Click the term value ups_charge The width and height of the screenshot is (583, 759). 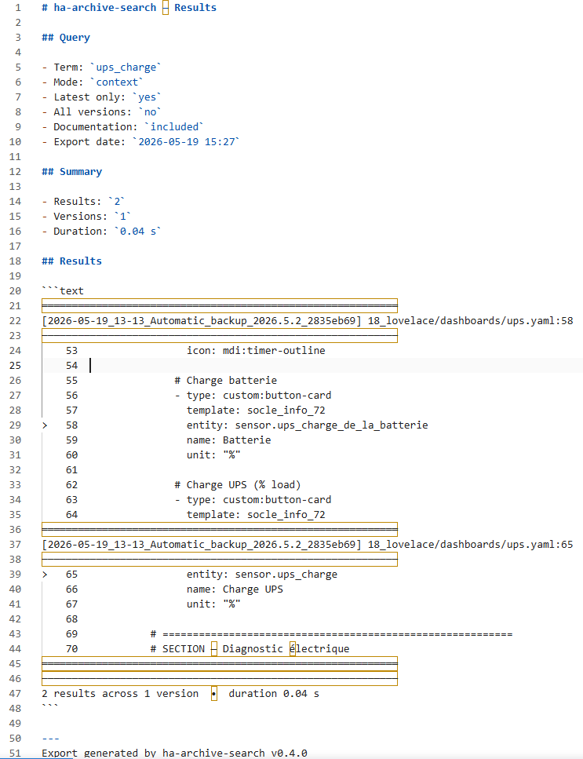(x=126, y=68)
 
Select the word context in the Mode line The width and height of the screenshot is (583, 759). (x=117, y=82)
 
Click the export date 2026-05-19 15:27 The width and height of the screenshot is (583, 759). (x=186, y=142)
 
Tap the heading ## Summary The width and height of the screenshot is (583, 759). (x=71, y=172)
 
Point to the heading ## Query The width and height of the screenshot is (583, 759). (x=66, y=38)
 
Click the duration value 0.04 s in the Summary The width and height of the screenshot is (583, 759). (x=138, y=232)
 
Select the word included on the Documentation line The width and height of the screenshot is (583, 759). (x=174, y=127)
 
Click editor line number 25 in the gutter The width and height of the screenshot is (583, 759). (x=15, y=366)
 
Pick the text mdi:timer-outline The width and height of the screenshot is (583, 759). (x=274, y=350)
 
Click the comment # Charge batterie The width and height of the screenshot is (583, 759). (x=225, y=381)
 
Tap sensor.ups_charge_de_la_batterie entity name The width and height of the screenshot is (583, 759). (x=331, y=425)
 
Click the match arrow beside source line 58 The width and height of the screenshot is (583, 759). (x=45, y=425)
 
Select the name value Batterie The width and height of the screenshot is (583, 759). (x=246, y=440)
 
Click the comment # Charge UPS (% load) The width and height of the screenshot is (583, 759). (x=238, y=485)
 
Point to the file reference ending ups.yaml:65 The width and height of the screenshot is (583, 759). (x=470, y=545)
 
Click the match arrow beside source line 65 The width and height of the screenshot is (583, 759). (x=45, y=575)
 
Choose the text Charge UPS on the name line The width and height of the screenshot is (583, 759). (x=253, y=589)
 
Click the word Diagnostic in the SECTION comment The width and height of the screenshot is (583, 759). (x=253, y=648)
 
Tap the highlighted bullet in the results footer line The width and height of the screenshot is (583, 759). (x=214, y=694)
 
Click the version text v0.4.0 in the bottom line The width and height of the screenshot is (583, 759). (x=289, y=754)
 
